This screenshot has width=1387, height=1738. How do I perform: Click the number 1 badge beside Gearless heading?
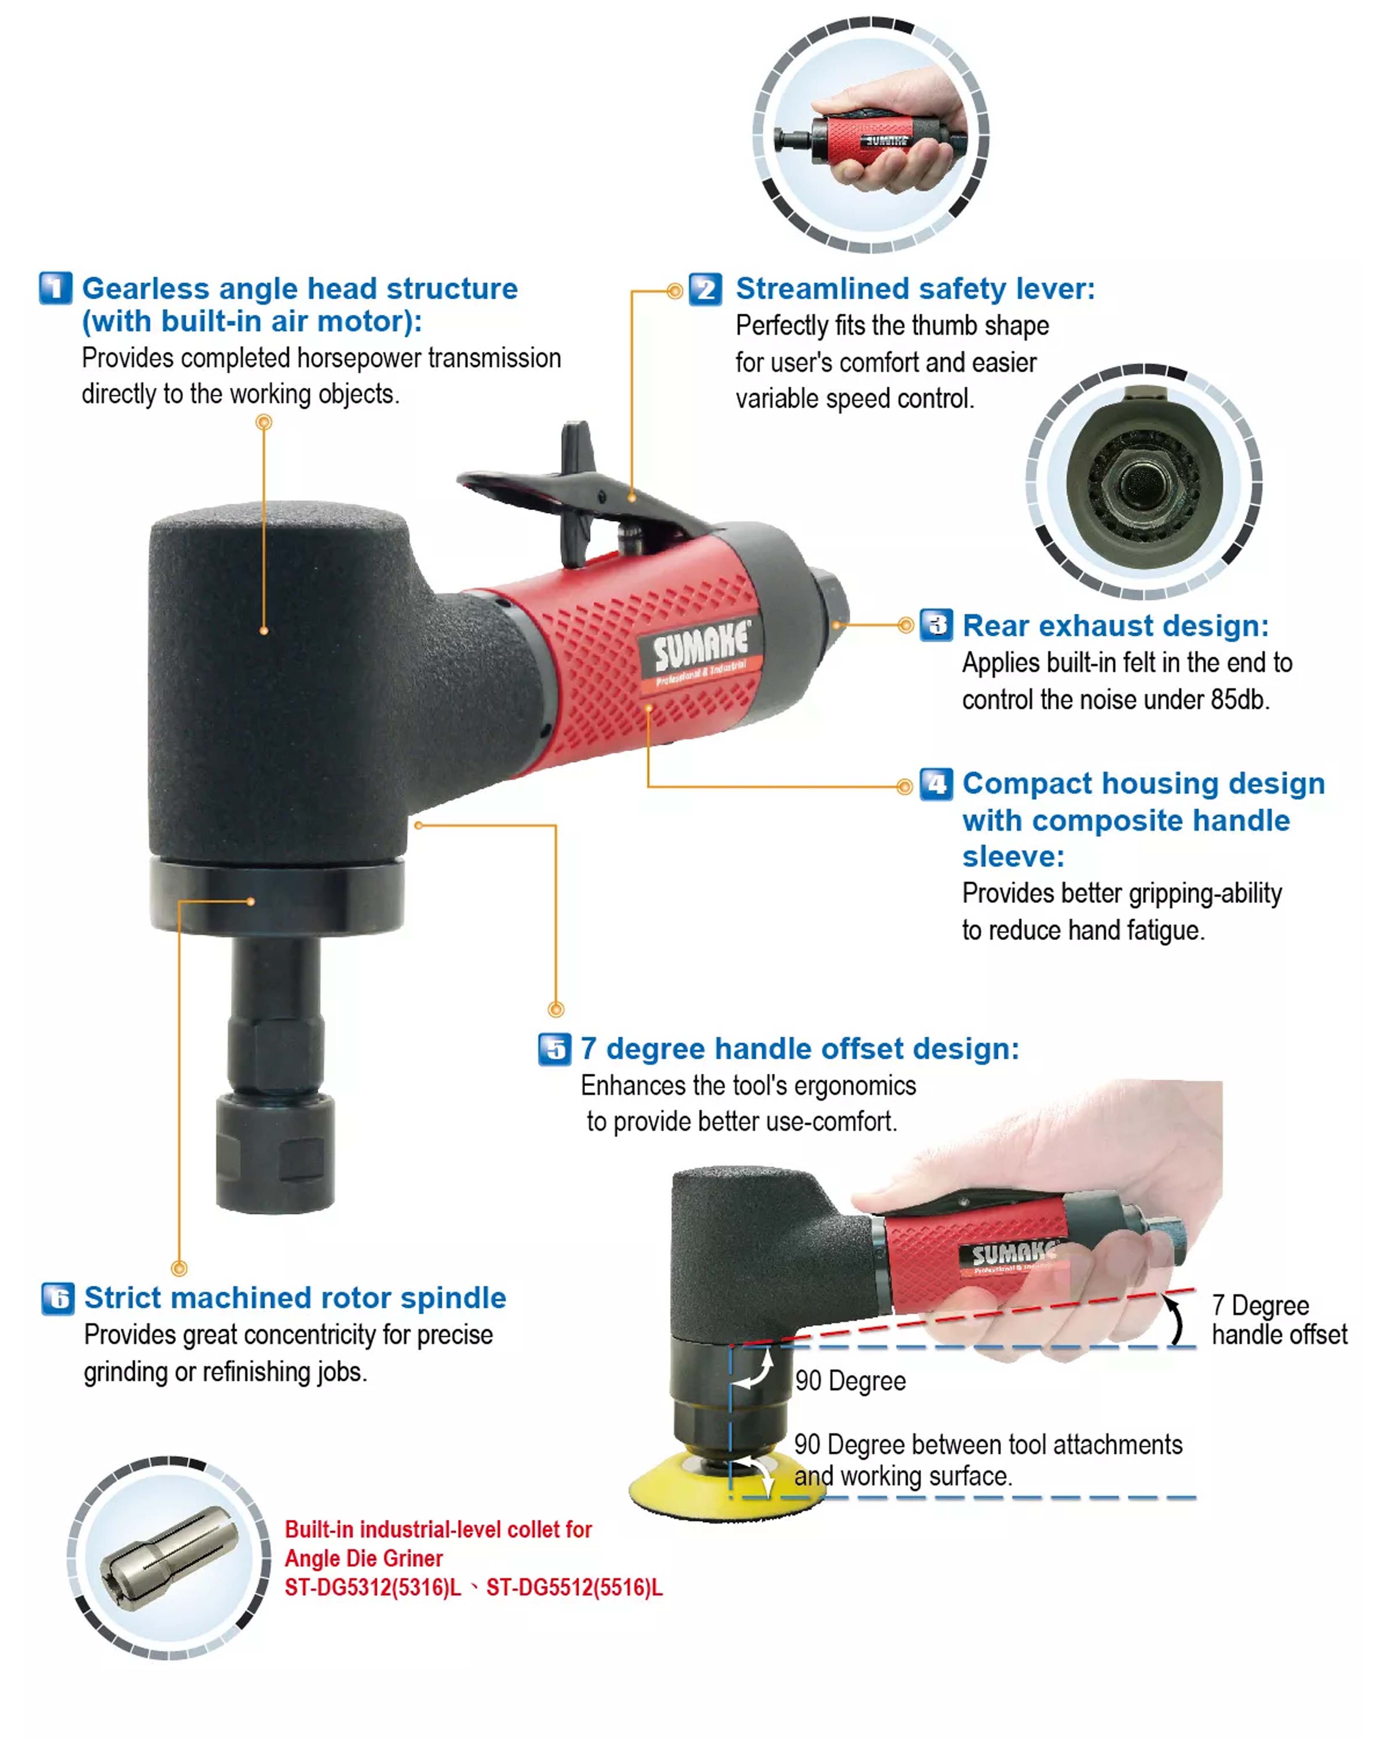56,288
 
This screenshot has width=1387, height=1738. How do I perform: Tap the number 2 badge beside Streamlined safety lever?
705,289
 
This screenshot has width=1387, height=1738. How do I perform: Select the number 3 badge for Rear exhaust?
936,625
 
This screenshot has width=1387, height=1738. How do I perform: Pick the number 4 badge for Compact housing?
936,784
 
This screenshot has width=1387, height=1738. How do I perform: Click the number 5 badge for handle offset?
554,1049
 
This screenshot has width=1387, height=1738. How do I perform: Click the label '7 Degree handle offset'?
1279,1320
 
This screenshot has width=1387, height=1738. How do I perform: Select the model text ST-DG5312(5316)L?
372,1587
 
